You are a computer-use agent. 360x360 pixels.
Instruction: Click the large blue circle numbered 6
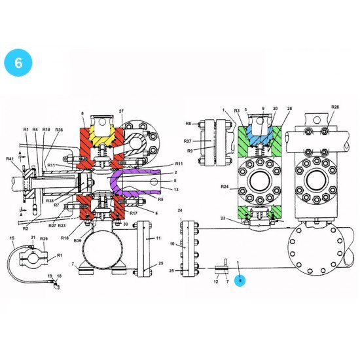click(x=18, y=63)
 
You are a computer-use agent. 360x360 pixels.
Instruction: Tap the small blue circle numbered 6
click(x=240, y=281)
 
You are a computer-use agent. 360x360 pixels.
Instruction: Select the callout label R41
click(x=10, y=159)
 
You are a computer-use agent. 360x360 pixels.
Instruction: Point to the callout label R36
click(x=59, y=130)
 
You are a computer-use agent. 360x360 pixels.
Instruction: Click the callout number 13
click(x=176, y=190)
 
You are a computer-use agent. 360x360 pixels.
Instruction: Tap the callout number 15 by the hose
click(x=12, y=237)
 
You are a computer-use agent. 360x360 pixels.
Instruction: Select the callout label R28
click(x=334, y=106)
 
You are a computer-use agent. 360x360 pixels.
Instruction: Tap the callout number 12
click(x=217, y=281)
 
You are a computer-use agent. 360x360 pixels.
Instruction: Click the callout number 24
click(x=180, y=211)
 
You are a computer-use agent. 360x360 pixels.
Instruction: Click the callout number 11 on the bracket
click(x=158, y=239)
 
